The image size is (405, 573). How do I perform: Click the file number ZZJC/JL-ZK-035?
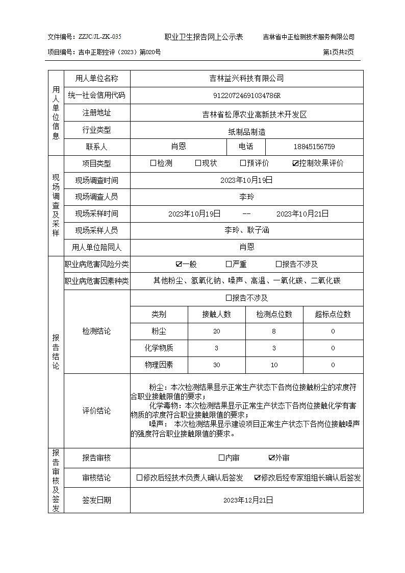pyautogui.click(x=100, y=37)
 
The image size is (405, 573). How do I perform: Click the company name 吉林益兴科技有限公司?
pyautogui.click(x=247, y=79)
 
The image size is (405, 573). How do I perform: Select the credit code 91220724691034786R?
pyautogui.click(x=247, y=96)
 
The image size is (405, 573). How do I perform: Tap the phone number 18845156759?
pyautogui.click(x=314, y=147)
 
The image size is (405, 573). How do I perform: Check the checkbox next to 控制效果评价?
pyautogui.click(x=295, y=164)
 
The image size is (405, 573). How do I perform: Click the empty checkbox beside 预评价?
pyautogui.click(x=243, y=163)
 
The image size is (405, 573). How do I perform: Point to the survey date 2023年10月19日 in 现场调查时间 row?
pyautogui.click(x=247, y=180)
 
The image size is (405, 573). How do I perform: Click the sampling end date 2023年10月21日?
pyautogui.click(x=302, y=214)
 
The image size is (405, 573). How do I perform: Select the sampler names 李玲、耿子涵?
pyautogui.click(x=247, y=230)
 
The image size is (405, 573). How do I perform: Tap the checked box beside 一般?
pyautogui.click(x=179, y=265)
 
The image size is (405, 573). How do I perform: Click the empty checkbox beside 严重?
pyautogui.click(x=229, y=265)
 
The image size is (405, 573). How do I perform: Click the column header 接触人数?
pyautogui.click(x=217, y=315)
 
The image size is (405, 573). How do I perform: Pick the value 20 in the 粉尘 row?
pyautogui.click(x=217, y=331)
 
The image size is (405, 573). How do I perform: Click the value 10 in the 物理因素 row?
pyautogui.click(x=274, y=365)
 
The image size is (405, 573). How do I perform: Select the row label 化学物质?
pyautogui.click(x=159, y=348)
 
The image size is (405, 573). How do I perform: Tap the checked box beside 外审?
pyautogui.click(x=272, y=458)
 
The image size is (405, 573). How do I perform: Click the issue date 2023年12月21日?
pyautogui.click(x=247, y=500)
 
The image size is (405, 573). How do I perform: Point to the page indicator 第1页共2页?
pyautogui.click(x=339, y=52)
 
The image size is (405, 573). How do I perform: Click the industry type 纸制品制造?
pyautogui.click(x=247, y=132)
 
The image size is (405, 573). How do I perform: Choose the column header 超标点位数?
pyautogui.click(x=333, y=315)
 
